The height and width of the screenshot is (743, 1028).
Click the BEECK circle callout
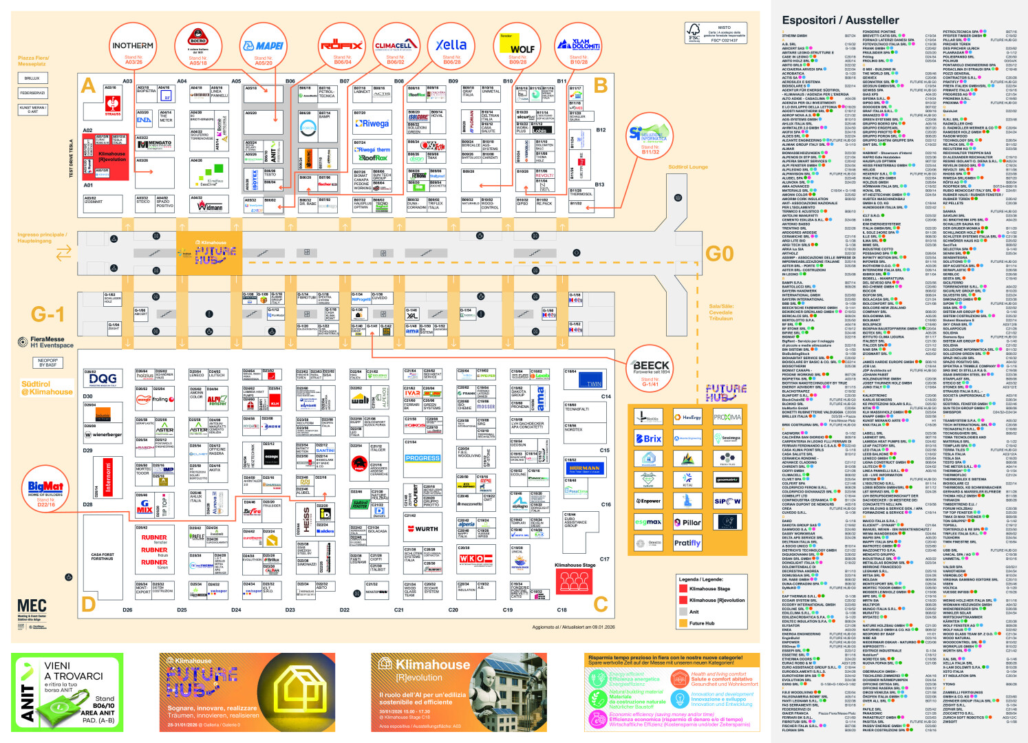click(x=650, y=369)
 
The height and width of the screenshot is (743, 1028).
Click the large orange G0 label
click(x=719, y=254)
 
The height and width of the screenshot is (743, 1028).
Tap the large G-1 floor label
click(x=47, y=314)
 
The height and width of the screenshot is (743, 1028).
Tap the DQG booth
click(x=103, y=379)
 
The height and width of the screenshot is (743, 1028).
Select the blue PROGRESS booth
click(x=422, y=458)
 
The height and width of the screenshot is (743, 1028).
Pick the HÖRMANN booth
click(x=584, y=468)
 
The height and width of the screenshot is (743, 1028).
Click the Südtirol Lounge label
click(x=687, y=167)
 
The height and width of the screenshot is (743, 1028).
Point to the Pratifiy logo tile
click(x=687, y=543)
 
